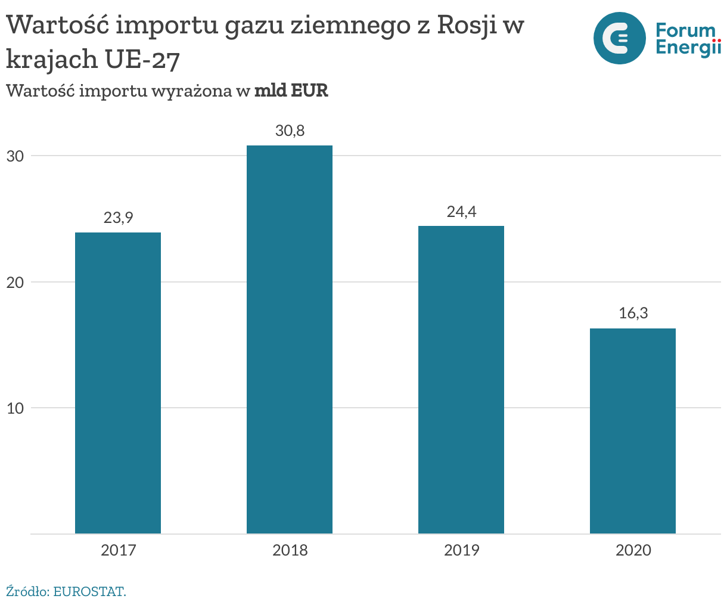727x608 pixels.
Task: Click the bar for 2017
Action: pyautogui.click(x=118, y=383)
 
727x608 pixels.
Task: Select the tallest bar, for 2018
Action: pyautogui.click(x=290, y=339)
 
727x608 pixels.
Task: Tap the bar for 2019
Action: pyautogui.click(x=461, y=380)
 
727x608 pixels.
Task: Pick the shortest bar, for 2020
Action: pyautogui.click(x=633, y=431)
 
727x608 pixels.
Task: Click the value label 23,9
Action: pyautogui.click(x=118, y=218)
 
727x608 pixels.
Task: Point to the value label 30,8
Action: pyautogui.click(x=290, y=131)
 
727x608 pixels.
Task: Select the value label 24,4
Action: pyautogui.click(x=461, y=212)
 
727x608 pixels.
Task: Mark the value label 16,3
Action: pyautogui.click(x=633, y=314)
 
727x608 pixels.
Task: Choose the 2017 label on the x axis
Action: pyautogui.click(x=118, y=550)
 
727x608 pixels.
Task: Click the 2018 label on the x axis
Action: pyautogui.click(x=290, y=550)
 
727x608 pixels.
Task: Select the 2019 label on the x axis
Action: pyautogui.click(x=461, y=550)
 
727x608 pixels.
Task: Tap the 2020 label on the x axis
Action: pyautogui.click(x=633, y=550)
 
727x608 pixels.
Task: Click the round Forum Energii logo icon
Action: pyautogui.click(x=619, y=38)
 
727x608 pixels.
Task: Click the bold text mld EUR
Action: pyautogui.click(x=291, y=91)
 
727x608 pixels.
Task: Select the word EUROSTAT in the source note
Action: pyautogui.click(x=89, y=592)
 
